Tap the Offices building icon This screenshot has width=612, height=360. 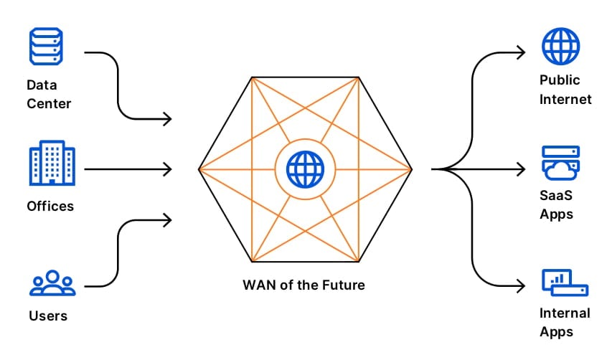click(52, 164)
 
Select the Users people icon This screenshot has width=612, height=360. click(52, 283)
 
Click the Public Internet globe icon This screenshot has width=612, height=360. click(560, 46)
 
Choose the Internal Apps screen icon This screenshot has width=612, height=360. click(564, 283)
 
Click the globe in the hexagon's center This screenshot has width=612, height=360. click(305, 169)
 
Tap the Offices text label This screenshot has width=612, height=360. click(50, 206)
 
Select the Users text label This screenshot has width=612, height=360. click(49, 315)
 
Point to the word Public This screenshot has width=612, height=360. click(560, 80)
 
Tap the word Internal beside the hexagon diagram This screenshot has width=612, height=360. click(565, 313)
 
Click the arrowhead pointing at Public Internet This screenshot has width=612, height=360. click(522, 52)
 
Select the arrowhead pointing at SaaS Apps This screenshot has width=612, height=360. click(522, 169)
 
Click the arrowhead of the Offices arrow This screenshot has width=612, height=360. click(168, 169)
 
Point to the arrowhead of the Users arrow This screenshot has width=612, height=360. click(168, 219)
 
